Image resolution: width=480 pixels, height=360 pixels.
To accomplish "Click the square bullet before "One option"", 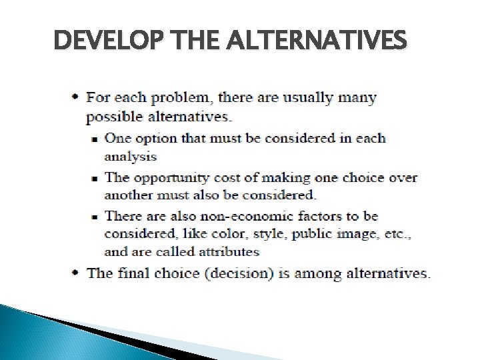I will point(95,139).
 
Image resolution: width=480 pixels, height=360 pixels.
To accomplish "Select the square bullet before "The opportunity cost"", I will point(95,178).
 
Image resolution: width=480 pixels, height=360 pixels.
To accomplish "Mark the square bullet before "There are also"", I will point(95,217).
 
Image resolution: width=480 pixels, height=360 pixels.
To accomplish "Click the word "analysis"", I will point(131,157).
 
